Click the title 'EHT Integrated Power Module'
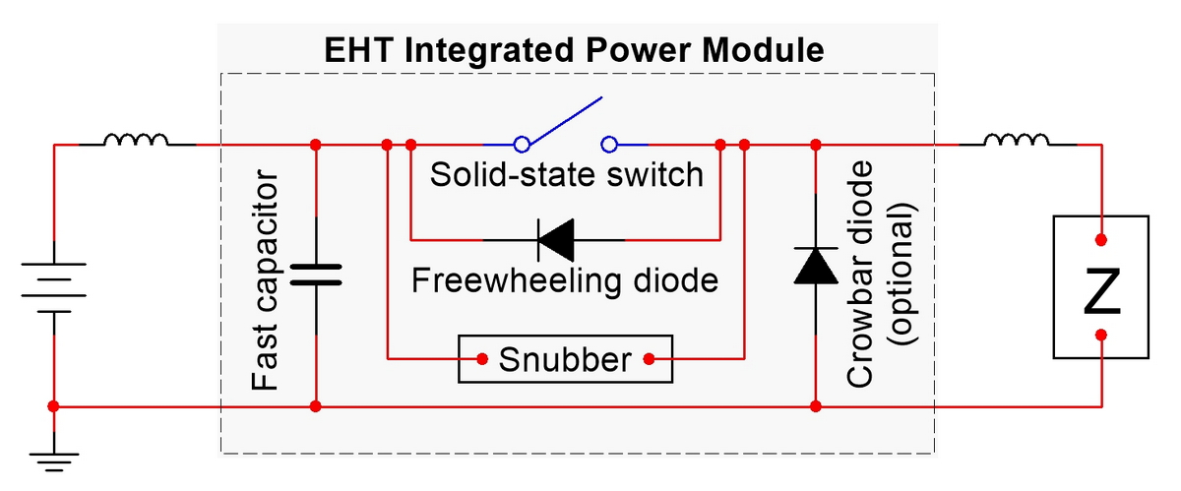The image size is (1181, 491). coord(575,49)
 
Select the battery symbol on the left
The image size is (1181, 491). coord(53,286)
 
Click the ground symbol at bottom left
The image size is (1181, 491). coord(53,453)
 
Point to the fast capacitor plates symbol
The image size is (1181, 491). coord(316,273)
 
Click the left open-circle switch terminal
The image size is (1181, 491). coord(524,145)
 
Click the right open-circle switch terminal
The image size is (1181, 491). coord(609,145)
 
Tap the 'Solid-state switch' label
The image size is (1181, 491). coord(568,175)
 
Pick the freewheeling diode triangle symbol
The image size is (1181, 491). coord(555,239)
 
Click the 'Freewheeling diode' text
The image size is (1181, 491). coord(565,280)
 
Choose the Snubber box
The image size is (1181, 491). coord(565,359)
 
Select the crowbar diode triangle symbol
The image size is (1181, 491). coord(816,264)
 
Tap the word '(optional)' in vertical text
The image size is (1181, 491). coord(902,276)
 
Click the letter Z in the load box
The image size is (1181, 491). coord(1101,292)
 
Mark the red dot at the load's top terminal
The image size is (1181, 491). coord(1101,239)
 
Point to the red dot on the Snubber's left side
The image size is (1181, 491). coord(482,359)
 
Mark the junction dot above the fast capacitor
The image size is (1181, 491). coord(316,145)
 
